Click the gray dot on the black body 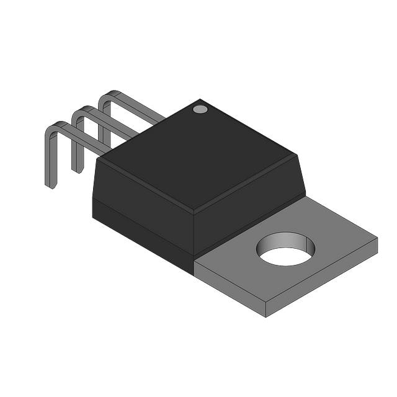tap(200, 109)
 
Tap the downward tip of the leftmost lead tap(50, 184)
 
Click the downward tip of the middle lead tap(76, 169)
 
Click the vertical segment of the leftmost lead tap(49, 158)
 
